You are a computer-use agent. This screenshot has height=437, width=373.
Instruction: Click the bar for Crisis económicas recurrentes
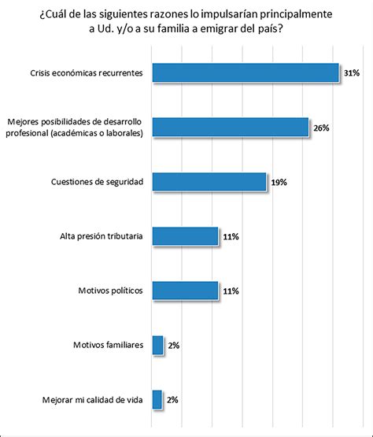(246, 72)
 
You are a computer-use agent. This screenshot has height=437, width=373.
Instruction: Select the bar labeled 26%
(231, 128)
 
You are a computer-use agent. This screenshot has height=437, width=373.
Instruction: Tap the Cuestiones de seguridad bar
(209, 182)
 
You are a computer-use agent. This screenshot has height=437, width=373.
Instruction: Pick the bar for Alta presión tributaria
(185, 236)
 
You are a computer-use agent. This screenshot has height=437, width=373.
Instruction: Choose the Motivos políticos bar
(185, 291)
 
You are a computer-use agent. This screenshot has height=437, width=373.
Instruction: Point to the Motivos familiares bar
(157, 346)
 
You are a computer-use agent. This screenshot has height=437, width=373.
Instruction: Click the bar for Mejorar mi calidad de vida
(157, 400)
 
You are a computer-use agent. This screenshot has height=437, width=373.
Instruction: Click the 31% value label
(352, 73)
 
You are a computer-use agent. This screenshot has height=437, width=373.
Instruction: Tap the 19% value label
(279, 182)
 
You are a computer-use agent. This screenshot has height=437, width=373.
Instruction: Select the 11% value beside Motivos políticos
(231, 291)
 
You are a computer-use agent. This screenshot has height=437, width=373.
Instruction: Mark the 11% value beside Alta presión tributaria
(231, 237)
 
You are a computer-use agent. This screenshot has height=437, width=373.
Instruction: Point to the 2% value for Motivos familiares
(174, 346)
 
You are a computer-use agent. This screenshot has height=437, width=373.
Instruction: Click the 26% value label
(322, 128)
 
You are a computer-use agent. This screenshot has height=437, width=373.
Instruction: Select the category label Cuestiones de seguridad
(97, 182)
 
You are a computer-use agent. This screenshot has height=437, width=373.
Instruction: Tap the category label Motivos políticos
(110, 291)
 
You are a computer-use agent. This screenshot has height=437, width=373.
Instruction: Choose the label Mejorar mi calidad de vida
(93, 400)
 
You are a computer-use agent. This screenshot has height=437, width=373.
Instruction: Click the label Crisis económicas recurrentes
(87, 73)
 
